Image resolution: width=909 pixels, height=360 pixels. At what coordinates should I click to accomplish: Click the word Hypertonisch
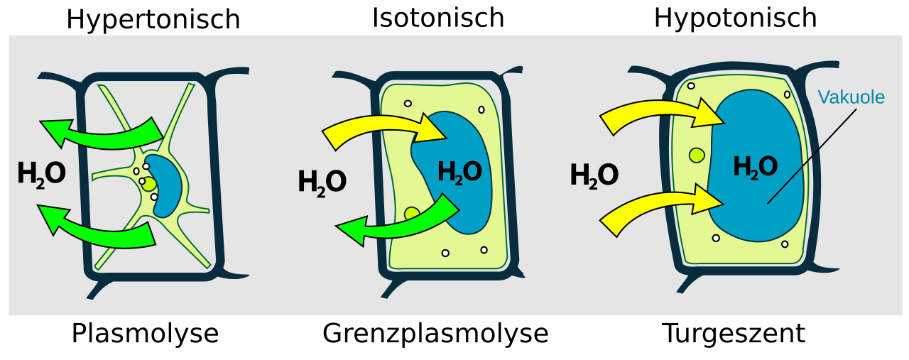(153, 19)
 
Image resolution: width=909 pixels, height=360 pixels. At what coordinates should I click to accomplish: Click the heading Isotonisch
(438, 18)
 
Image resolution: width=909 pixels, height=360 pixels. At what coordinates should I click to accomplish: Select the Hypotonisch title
(735, 19)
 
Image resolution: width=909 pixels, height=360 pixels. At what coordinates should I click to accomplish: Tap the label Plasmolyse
(146, 334)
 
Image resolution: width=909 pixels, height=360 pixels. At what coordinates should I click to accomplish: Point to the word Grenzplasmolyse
(435, 334)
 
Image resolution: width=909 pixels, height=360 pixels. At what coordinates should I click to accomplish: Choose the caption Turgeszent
(734, 334)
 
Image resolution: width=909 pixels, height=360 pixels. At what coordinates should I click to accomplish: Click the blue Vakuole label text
(851, 97)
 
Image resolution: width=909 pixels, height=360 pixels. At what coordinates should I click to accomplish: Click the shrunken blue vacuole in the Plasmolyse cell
(164, 185)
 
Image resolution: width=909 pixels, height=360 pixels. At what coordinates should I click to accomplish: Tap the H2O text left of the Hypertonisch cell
(41, 175)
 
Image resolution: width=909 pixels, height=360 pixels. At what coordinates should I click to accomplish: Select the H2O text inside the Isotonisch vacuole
(459, 172)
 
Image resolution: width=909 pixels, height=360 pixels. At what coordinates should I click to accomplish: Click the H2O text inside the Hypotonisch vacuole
(755, 167)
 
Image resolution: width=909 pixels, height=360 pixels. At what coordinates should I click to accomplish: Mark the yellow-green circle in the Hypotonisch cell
(697, 155)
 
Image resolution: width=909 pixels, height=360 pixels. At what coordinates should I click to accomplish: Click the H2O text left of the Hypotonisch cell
(594, 175)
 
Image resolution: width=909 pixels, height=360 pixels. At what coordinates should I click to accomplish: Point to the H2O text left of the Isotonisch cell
(322, 182)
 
